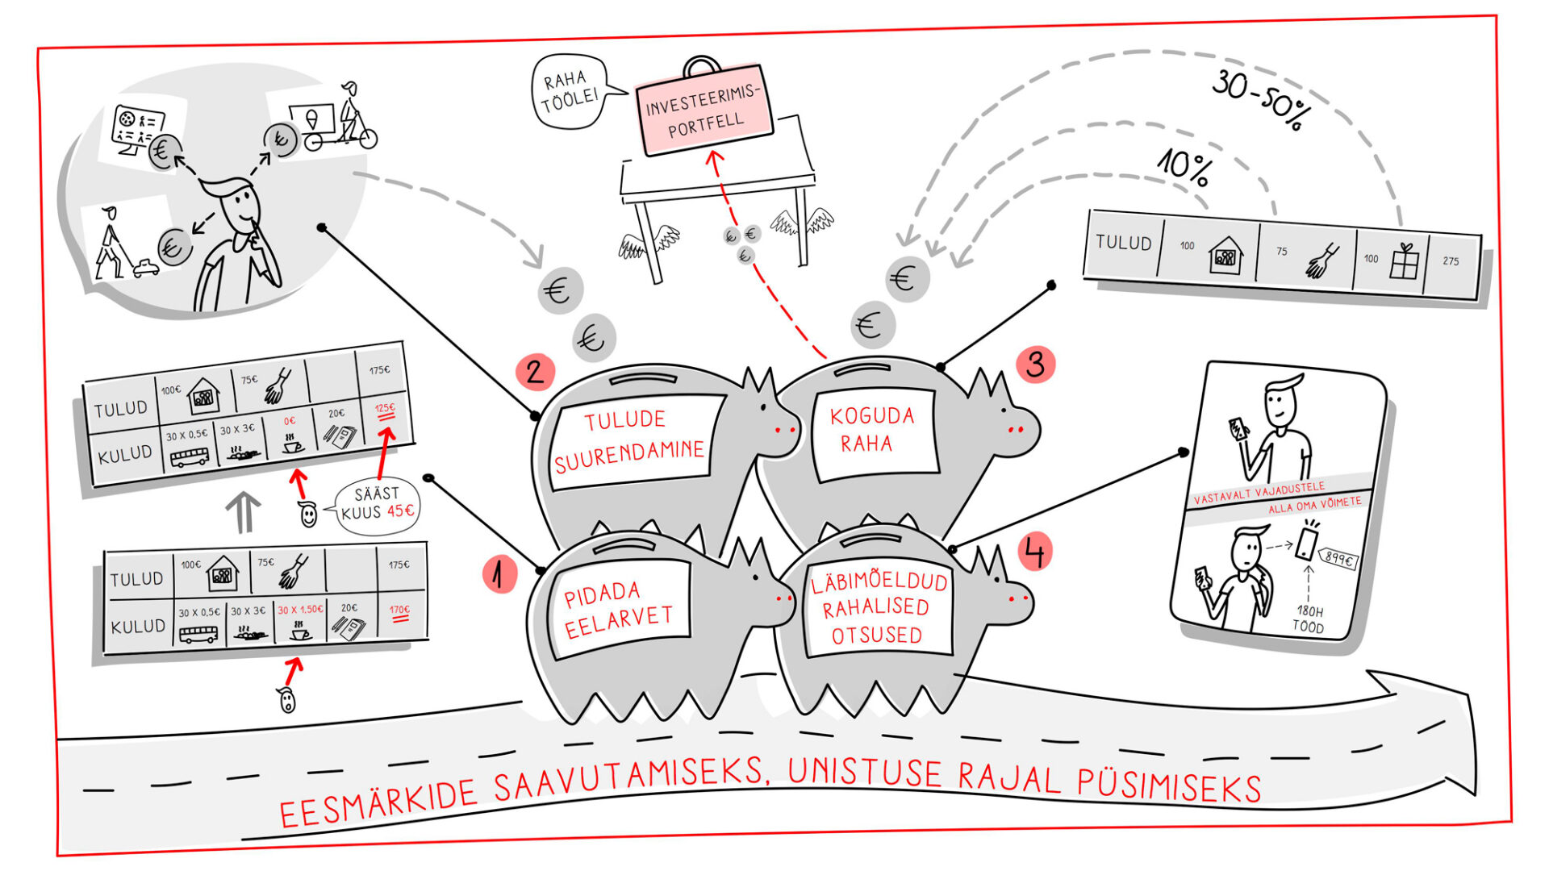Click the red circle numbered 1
[499, 575]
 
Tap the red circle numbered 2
[535, 372]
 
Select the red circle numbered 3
[1035, 365]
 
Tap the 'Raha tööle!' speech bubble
[570, 92]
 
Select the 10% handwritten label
[1184, 167]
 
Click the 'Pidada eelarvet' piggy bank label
[618, 609]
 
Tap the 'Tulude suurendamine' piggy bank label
[629, 440]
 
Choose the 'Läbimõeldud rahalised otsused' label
[878, 608]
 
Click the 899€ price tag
[1338, 559]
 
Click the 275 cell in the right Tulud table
[1451, 261]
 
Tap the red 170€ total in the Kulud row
[399, 612]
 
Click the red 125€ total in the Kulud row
[386, 410]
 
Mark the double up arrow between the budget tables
[243, 512]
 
